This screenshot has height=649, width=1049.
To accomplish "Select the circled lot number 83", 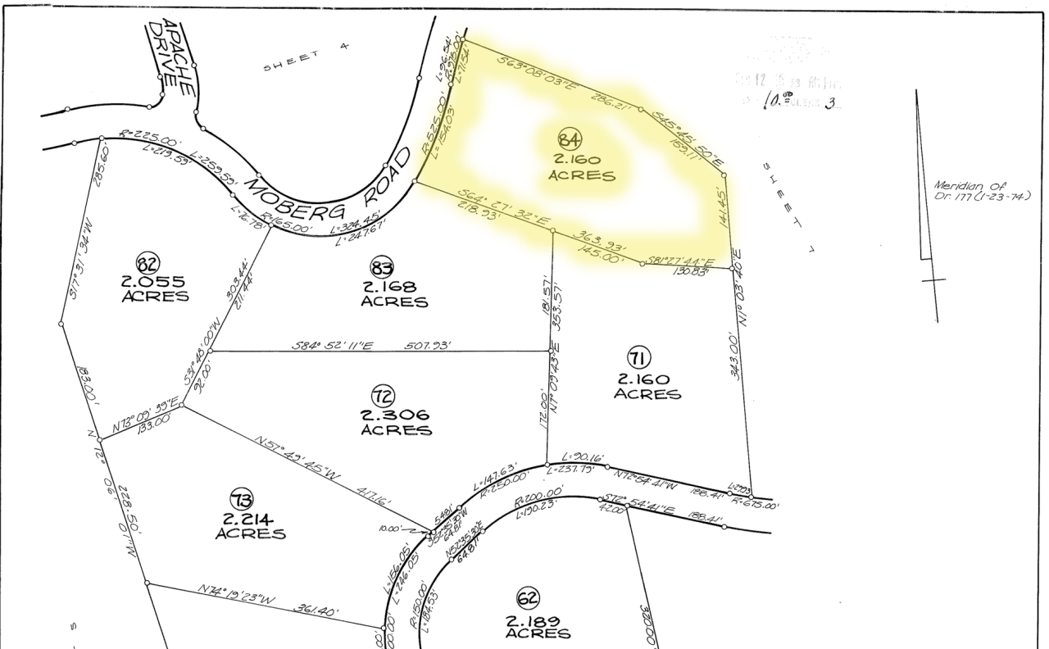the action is [x=383, y=267].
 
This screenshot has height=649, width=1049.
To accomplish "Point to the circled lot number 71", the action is [x=638, y=358].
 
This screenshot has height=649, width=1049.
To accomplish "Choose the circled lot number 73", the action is [x=242, y=498].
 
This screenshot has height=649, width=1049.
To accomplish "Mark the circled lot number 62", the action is [x=527, y=597].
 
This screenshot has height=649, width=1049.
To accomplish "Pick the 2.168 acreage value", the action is [x=393, y=287].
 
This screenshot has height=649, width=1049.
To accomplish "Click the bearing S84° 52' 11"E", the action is [x=333, y=346].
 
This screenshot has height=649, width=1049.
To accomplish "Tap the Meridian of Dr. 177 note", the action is [x=981, y=191].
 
